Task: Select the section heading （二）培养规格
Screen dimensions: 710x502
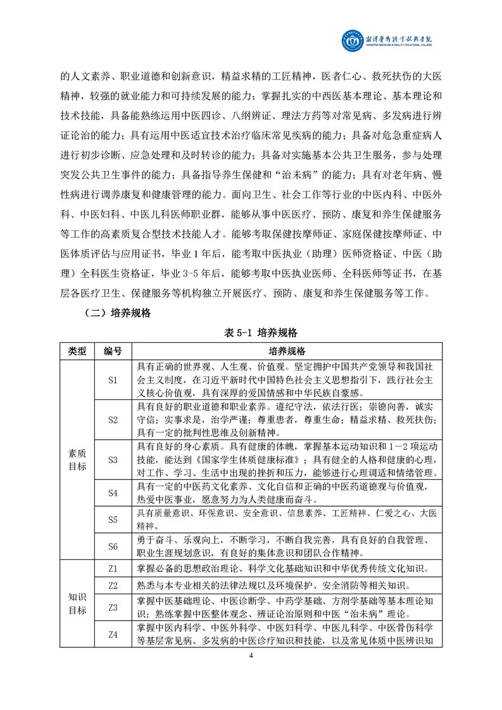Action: point(118,313)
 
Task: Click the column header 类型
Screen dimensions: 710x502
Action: point(77,351)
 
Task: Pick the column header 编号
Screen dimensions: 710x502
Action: point(113,351)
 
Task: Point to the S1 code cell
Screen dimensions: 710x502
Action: point(113,380)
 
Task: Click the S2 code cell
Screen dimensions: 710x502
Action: point(113,420)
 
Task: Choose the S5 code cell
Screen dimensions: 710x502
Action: point(113,520)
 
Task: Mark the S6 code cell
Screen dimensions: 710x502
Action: point(113,546)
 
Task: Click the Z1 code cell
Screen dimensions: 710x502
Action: point(113,569)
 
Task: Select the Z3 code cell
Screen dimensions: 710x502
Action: point(113,607)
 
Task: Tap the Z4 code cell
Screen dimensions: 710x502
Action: point(113,636)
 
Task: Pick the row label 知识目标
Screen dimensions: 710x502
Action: point(77,604)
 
